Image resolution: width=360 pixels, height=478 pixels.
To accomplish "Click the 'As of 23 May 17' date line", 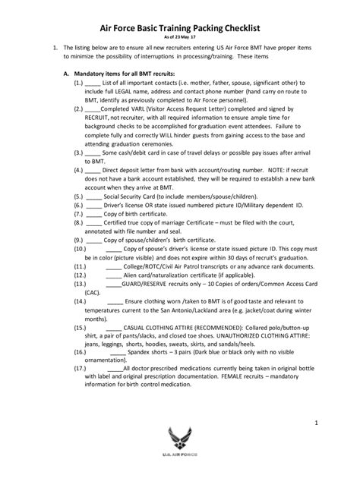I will point(179,37).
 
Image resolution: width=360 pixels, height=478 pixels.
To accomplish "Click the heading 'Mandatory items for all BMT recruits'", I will point(128,74).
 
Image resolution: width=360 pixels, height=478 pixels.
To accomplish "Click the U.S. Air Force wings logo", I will point(180,454).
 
